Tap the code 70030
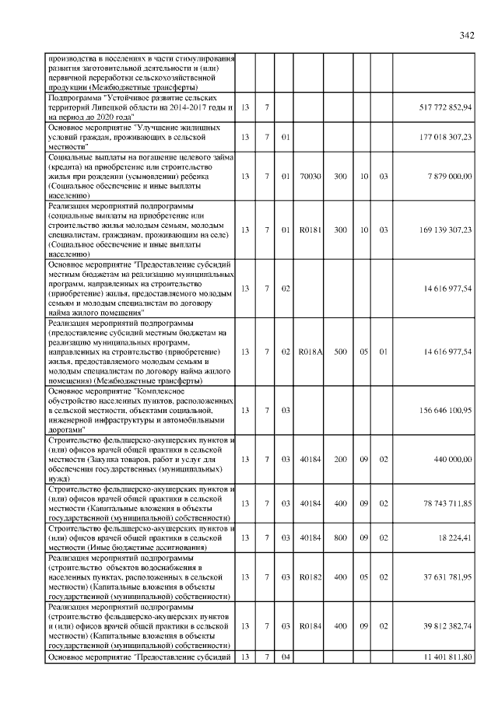coord(310,177)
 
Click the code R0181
coord(310,231)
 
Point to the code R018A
coord(310,352)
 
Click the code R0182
coord(310,577)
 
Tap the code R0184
coord(310,625)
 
